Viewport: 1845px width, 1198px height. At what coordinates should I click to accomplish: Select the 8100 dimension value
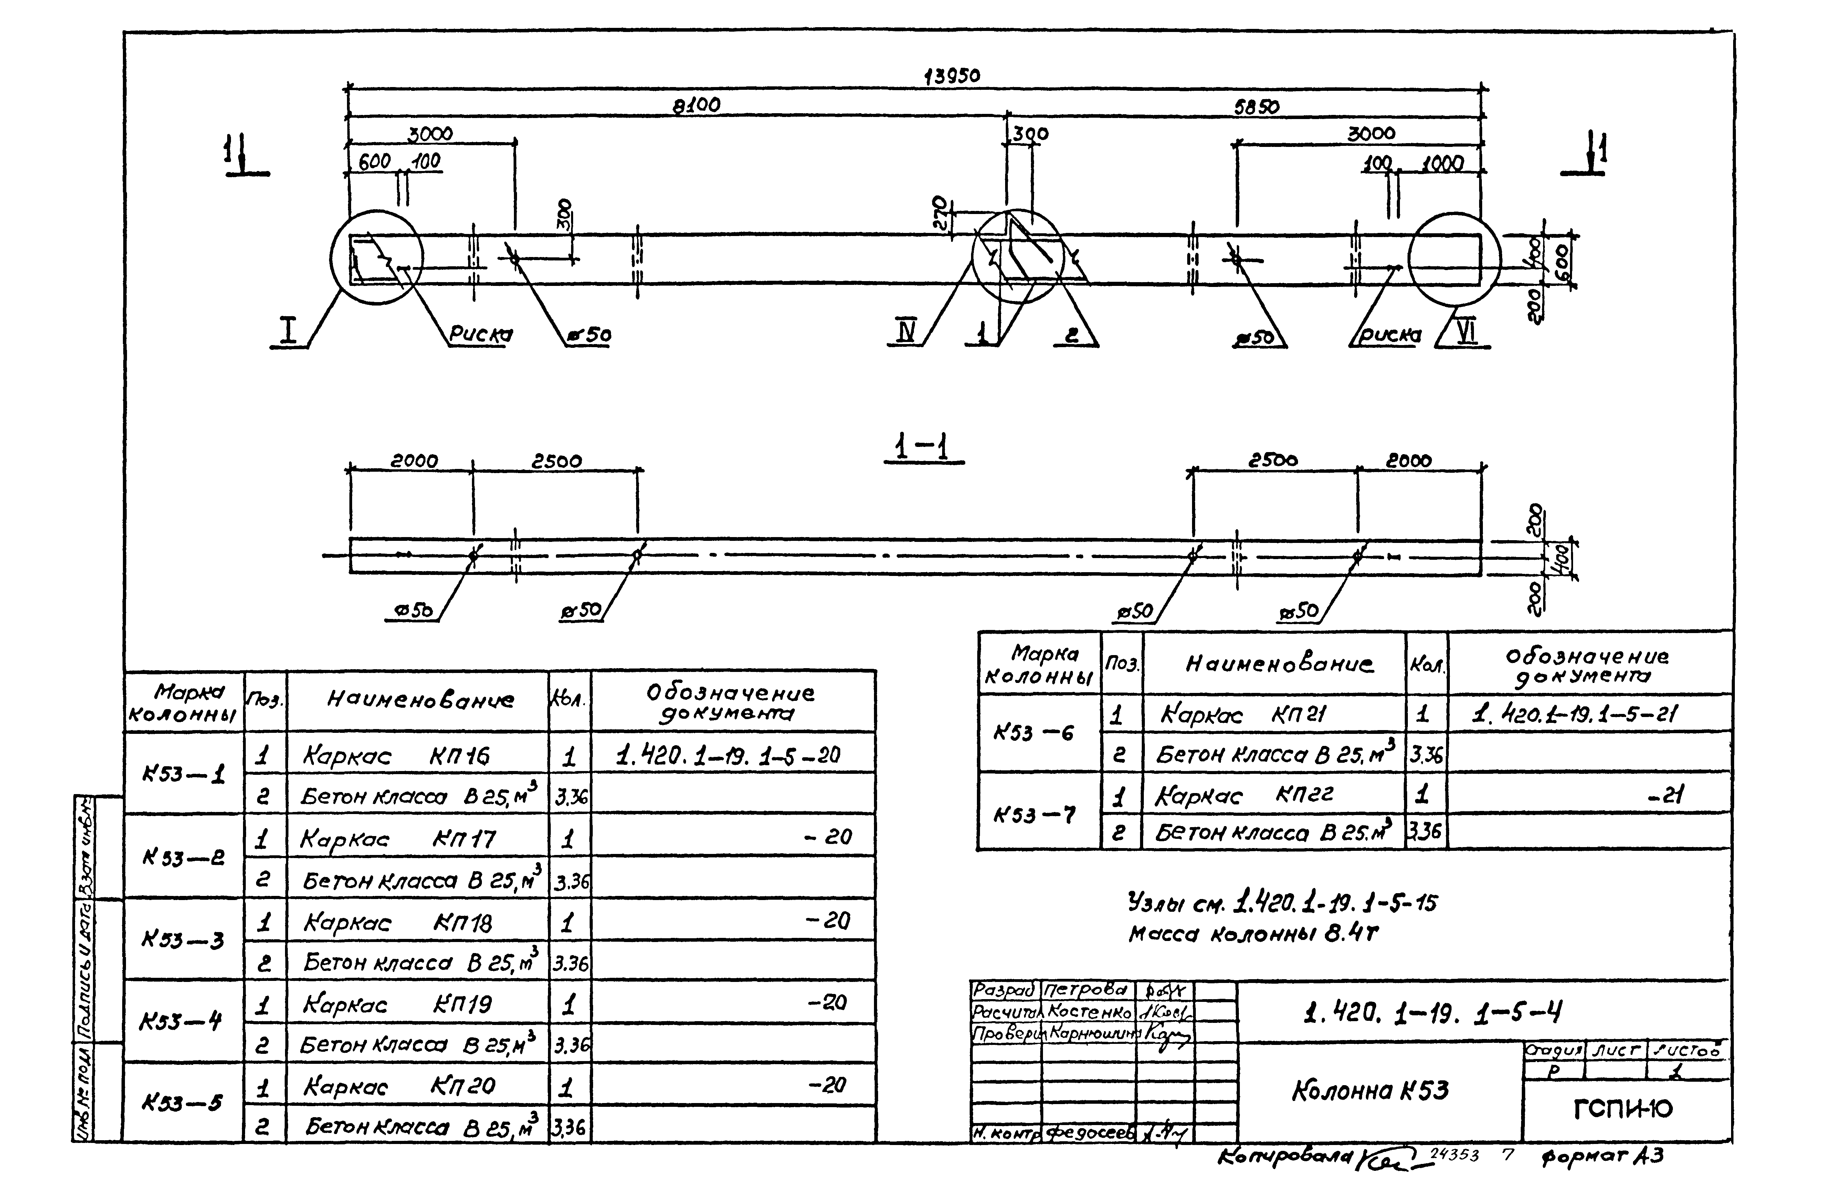(x=696, y=105)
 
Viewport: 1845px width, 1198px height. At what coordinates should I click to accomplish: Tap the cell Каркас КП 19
(x=397, y=1005)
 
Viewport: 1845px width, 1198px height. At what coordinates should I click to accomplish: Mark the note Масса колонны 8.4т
(x=1253, y=934)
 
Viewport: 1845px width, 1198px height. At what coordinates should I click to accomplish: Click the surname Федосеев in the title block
(x=1089, y=1133)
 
